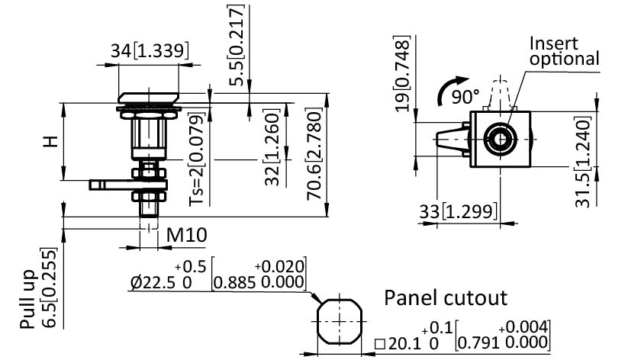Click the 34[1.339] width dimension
coord(150,51)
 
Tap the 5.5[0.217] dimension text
coord(240,45)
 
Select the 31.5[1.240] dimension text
coord(584,162)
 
